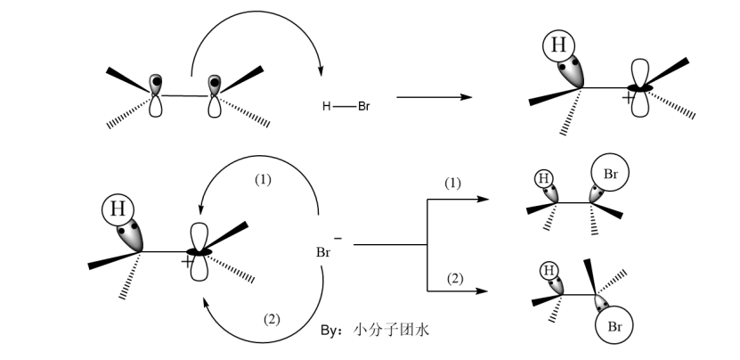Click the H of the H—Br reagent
pyautogui.click(x=327, y=107)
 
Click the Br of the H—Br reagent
pyautogui.click(x=364, y=107)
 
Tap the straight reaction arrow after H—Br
pyautogui.click(x=434, y=95)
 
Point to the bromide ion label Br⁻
pyautogui.click(x=324, y=251)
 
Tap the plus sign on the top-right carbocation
pyautogui.click(x=629, y=99)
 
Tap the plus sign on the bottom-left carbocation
pyautogui.click(x=185, y=263)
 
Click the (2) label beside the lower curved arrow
pyautogui.click(x=272, y=318)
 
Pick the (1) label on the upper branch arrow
pyautogui.click(x=454, y=183)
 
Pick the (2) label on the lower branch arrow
pyautogui.click(x=454, y=279)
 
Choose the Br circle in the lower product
pyautogui.click(x=614, y=327)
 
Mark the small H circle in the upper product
pyautogui.click(x=544, y=177)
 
